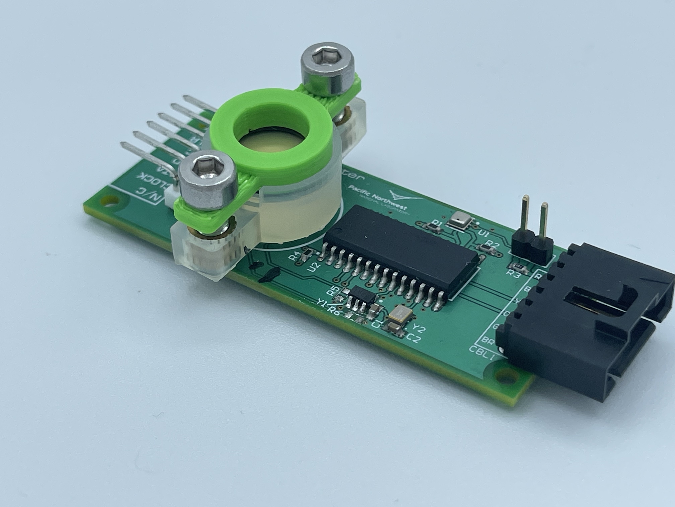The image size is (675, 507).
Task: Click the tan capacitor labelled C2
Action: [x=394, y=328]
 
